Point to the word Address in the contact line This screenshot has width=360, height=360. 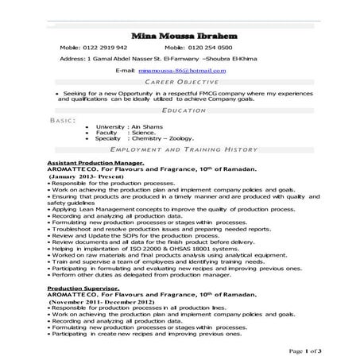[73, 59]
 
